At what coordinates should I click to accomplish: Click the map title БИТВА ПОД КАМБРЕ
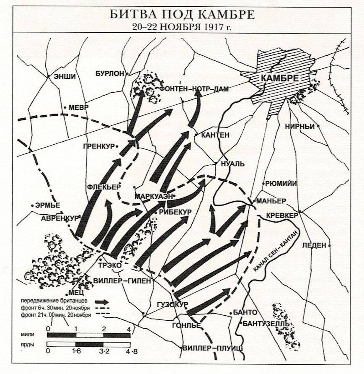pos(182,15)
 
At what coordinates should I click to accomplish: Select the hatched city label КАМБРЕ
pos(279,78)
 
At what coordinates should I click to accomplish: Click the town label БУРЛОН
pos(110,73)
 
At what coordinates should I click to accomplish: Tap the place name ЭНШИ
pos(65,76)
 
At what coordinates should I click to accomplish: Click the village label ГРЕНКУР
pos(99,146)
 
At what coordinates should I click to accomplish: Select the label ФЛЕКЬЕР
pos(104,187)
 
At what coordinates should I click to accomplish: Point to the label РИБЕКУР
pos(175,212)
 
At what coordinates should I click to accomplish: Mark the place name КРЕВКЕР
pos(283,215)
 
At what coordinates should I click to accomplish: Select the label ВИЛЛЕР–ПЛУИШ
pos(213,348)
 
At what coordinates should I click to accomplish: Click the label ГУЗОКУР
pos(172,304)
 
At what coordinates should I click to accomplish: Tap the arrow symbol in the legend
pos(102,301)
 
